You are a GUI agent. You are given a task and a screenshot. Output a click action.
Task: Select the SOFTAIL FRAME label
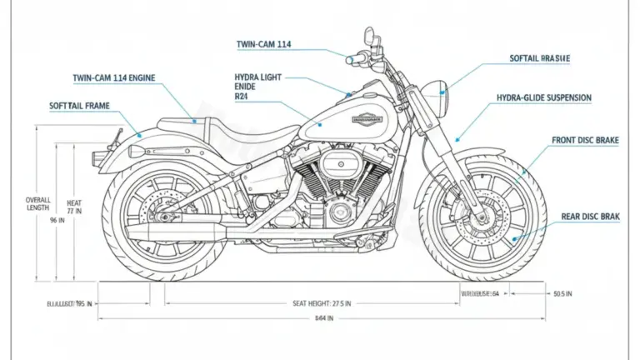(80, 106)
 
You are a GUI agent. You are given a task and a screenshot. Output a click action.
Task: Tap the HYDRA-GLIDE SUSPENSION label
(543, 97)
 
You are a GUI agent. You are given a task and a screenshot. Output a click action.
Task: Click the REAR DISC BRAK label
(590, 217)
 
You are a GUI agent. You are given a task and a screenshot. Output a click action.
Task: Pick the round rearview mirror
(367, 37)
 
